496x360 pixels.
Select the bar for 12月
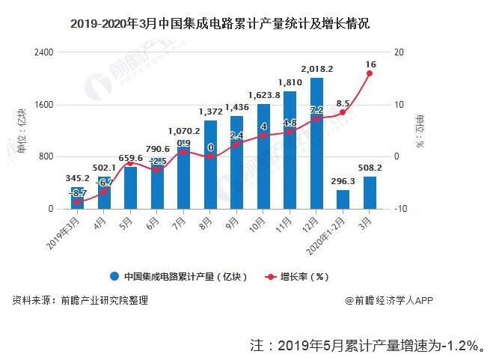[x=316, y=143]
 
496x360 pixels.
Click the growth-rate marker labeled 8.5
[x=343, y=112]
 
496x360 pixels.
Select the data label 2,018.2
[x=316, y=69]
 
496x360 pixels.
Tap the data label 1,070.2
[x=183, y=129]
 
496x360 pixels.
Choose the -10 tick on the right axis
[x=399, y=209]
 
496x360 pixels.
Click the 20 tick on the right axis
[x=397, y=52]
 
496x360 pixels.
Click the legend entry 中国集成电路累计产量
[x=180, y=276]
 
